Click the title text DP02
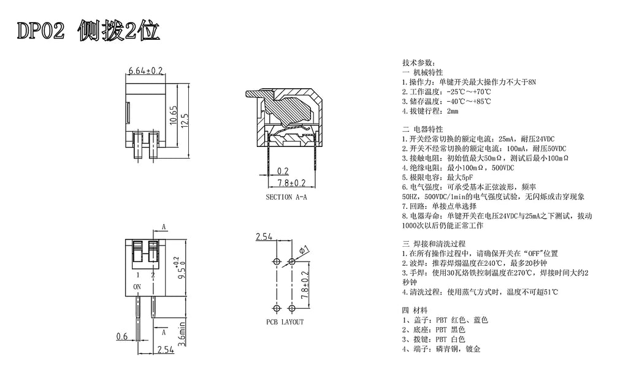point(40,31)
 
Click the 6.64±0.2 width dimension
point(145,70)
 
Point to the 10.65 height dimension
point(174,115)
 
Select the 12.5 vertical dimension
point(185,121)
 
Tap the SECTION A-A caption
point(286,197)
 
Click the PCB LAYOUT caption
point(285,322)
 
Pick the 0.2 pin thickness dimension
point(283,171)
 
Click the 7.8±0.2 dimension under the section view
point(292,183)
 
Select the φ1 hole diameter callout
point(304,250)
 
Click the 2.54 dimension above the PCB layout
point(264,236)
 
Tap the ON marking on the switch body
point(137,287)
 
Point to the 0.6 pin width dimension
point(122,336)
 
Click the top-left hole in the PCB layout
point(277,262)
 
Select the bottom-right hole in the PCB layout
point(291,309)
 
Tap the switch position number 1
point(138,275)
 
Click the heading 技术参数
point(418,63)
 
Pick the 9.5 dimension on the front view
point(181,269)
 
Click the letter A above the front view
point(163,227)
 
